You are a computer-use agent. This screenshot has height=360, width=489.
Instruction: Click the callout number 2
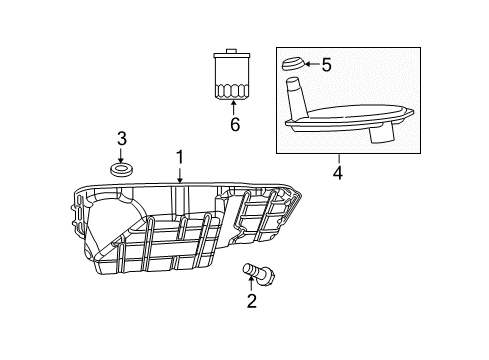(252, 300)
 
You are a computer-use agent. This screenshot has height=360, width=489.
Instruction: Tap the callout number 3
(121, 137)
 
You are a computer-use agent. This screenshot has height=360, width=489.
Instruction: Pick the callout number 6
(236, 125)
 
